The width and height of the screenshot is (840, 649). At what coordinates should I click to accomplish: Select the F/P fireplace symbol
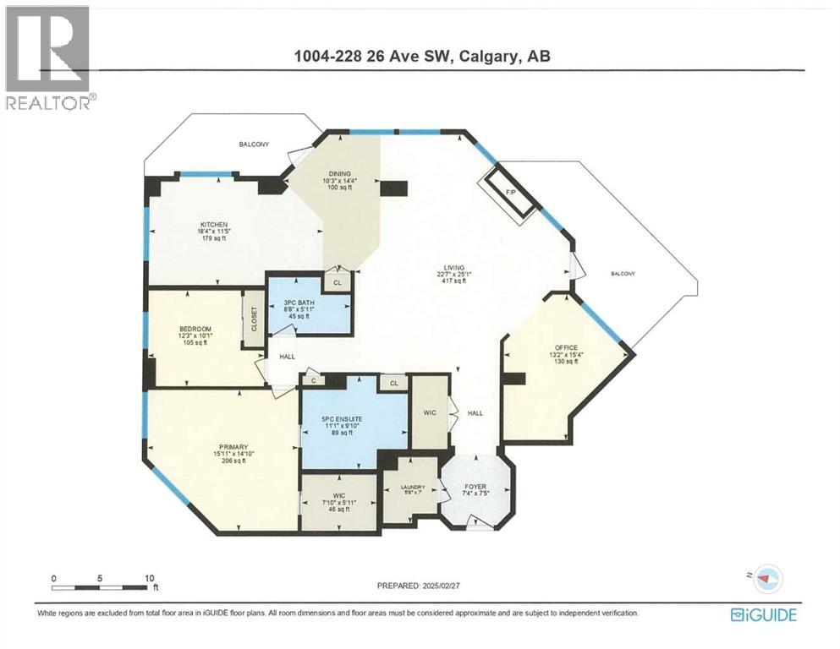tap(510, 193)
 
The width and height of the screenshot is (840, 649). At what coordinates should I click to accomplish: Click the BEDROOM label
tap(195, 329)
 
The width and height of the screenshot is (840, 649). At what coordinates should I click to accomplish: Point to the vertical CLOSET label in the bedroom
tap(253, 319)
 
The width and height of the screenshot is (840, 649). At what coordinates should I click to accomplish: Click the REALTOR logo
tap(47, 56)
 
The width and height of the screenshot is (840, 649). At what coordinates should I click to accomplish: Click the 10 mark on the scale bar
tap(150, 579)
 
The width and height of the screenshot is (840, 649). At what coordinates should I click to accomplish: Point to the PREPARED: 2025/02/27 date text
tap(420, 585)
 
